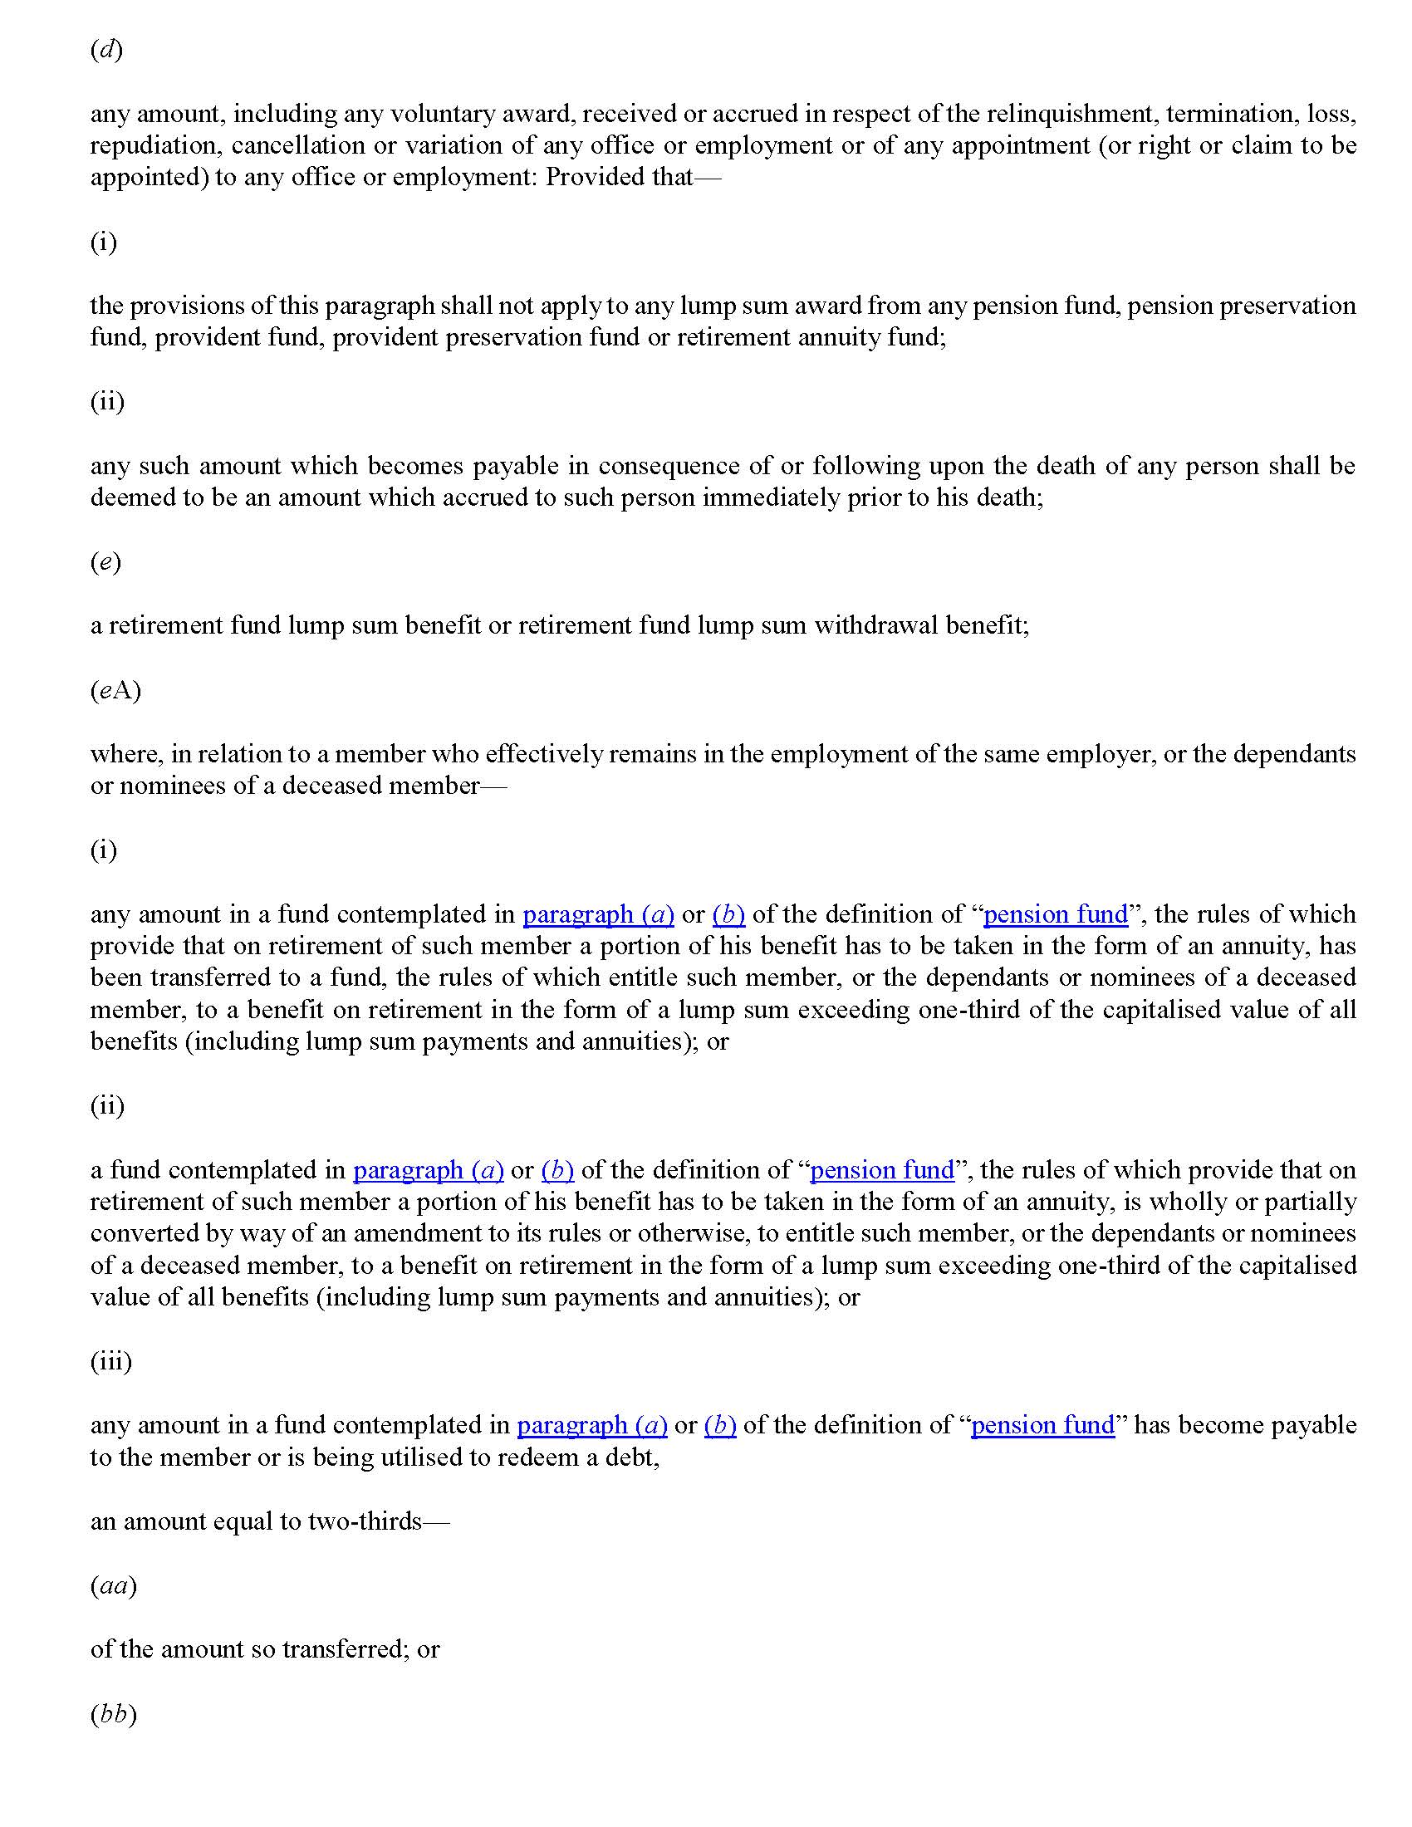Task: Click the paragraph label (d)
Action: coord(106,50)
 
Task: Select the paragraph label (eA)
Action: coord(115,690)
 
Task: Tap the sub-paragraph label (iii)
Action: coord(111,1362)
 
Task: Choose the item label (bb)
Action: coord(113,1714)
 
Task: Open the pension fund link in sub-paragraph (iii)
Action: coord(1042,1425)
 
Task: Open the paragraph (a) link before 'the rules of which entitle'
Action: coord(598,914)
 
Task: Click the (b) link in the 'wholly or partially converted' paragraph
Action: coord(557,1170)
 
